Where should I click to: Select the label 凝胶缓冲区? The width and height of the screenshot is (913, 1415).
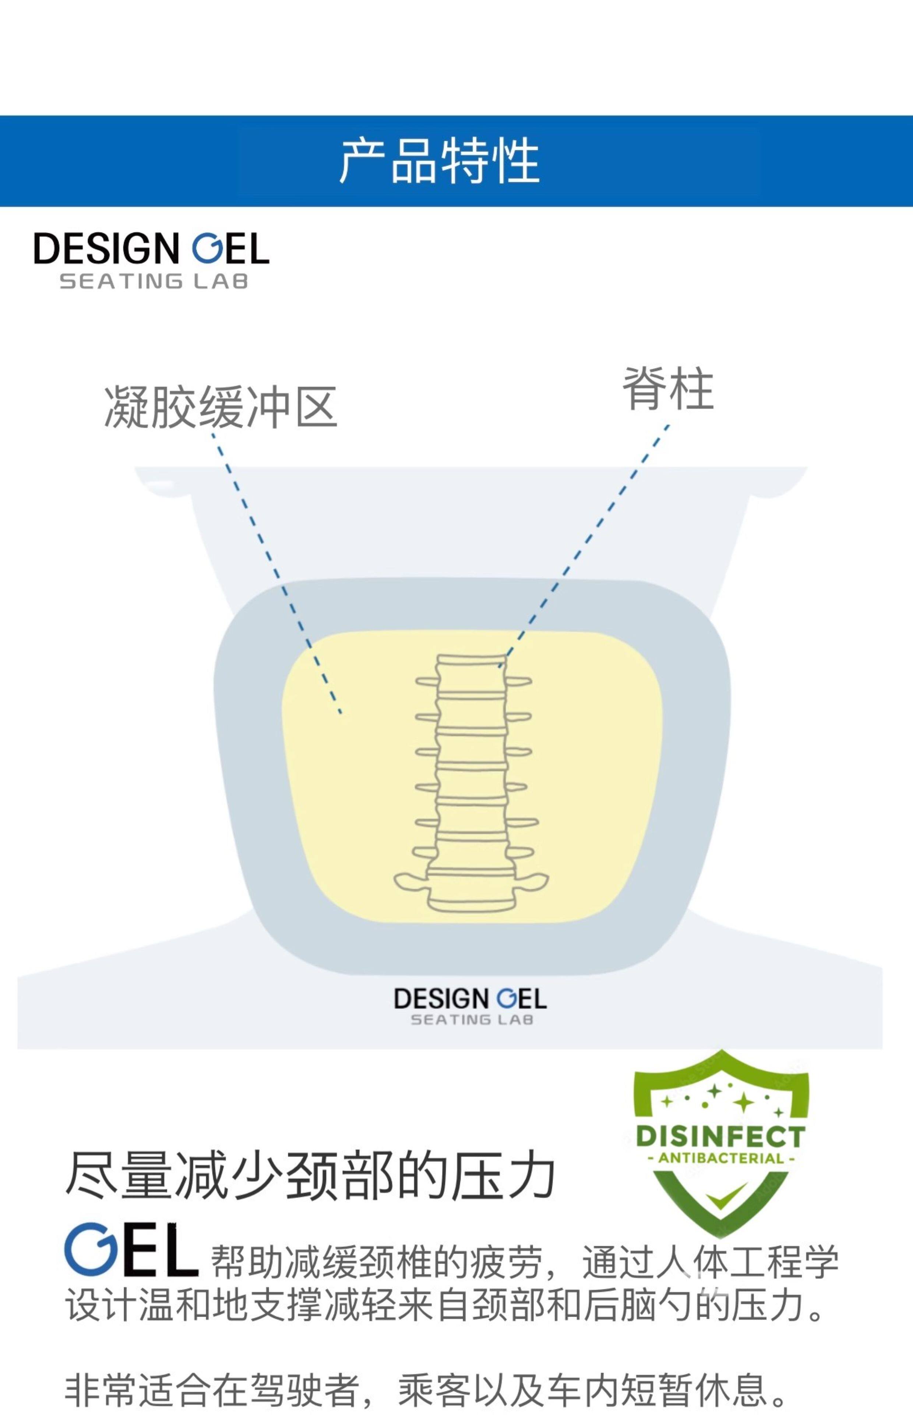pos(221,407)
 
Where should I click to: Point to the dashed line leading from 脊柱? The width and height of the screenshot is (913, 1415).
pos(587,540)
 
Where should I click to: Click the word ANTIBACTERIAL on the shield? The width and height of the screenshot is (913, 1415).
pos(721,1158)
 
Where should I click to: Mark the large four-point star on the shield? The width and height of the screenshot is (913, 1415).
pos(743,1102)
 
